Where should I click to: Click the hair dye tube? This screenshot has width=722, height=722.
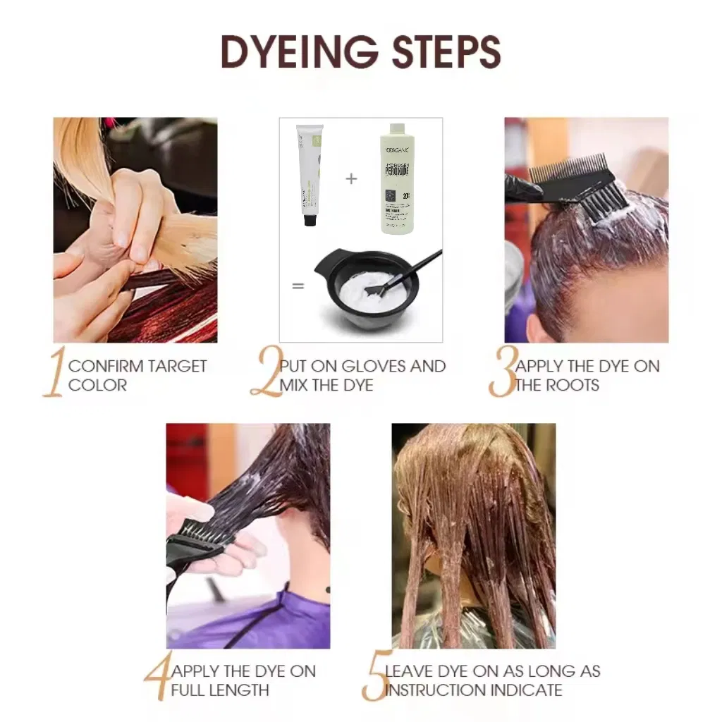[x=308, y=173]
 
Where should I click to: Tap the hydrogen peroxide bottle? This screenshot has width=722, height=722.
[x=397, y=180]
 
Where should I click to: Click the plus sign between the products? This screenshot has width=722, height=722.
[x=351, y=178]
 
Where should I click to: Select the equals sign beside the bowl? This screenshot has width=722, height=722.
[x=298, y=286]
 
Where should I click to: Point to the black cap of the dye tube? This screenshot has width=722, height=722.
[x=309, y=220]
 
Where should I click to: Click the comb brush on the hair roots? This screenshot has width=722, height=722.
[x=585, y=184]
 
